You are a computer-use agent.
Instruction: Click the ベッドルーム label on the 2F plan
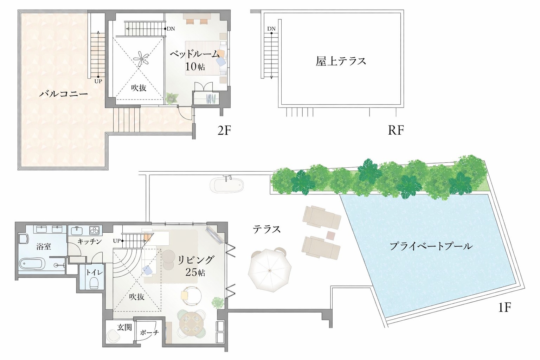coord(194,54)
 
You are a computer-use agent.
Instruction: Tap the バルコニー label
coord(63,94)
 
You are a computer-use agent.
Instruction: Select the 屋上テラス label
coord(341,61)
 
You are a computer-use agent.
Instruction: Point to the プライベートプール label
coord(431,246)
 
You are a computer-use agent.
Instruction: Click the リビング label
coord(195,260)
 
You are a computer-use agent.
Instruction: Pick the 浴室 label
coord(44,246)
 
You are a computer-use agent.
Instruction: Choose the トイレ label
coord(95,272)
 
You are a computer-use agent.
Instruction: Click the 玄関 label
coord(124,327)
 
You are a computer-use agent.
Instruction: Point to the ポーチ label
coord(149,332)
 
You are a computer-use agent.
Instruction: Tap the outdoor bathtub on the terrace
coord(227,185)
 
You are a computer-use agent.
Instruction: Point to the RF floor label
coord(396,130)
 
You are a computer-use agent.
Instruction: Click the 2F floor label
coord(224,130)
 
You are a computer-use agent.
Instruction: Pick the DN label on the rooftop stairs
coord(271,28)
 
